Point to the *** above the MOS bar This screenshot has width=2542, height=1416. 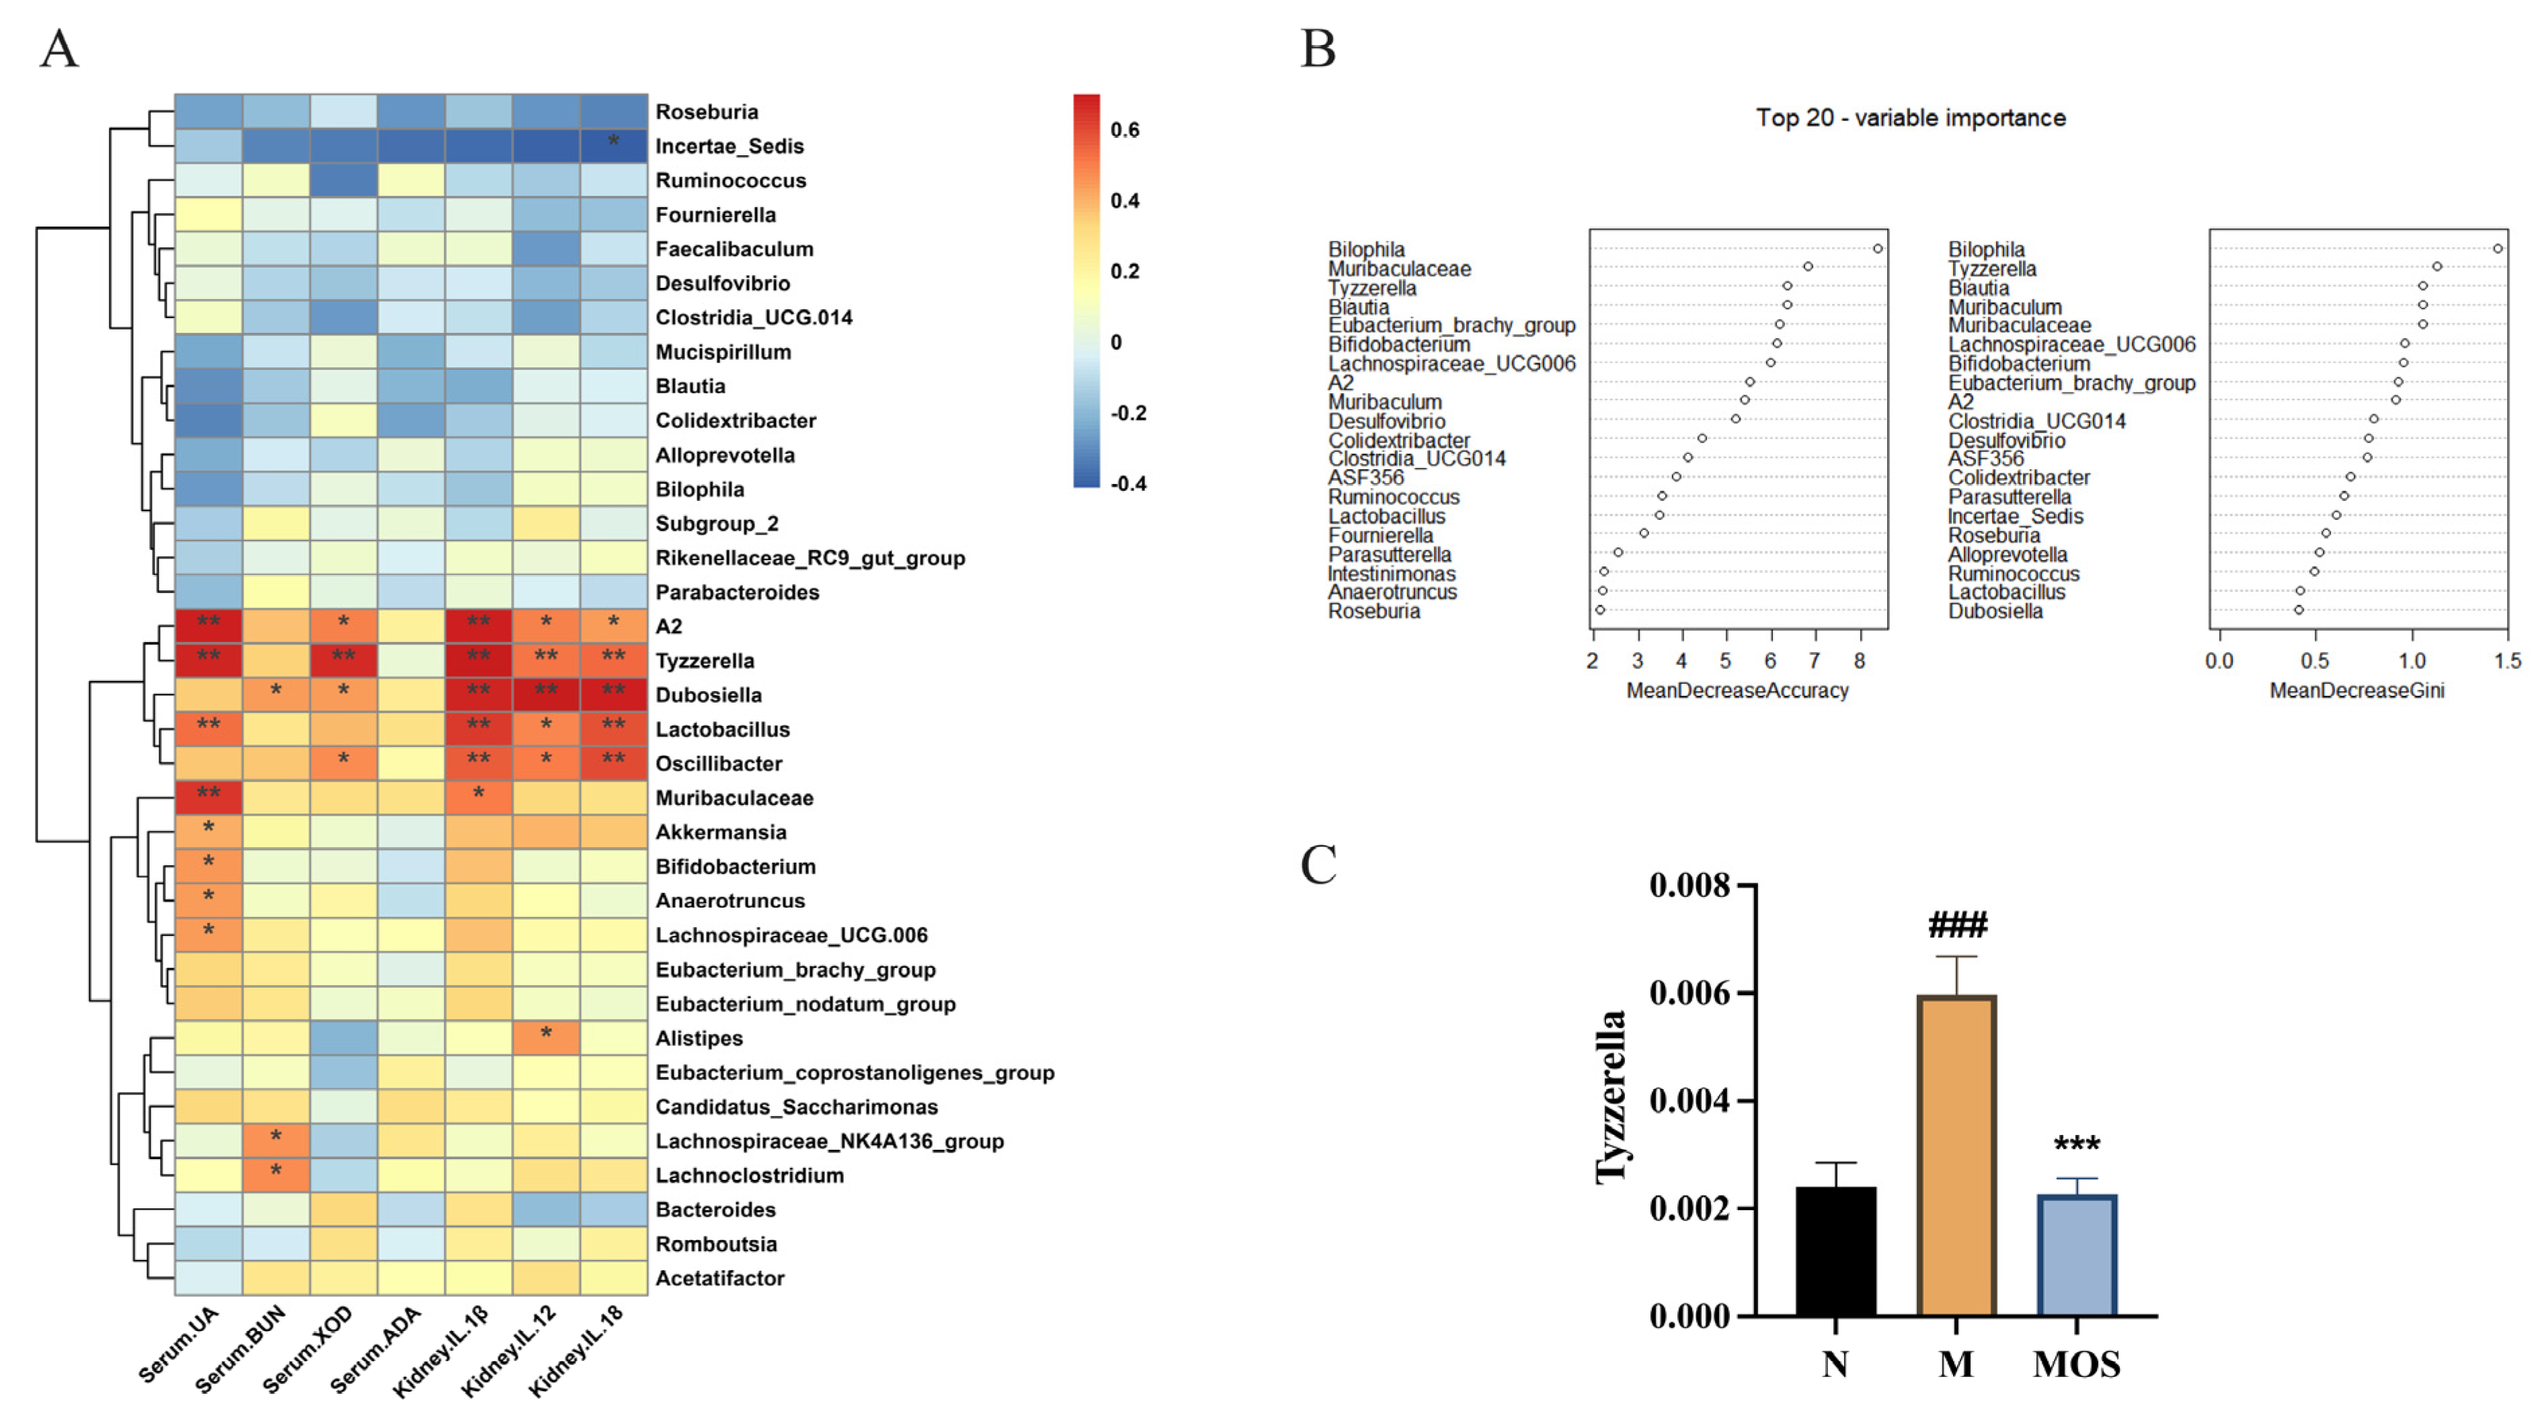(2077, 1144)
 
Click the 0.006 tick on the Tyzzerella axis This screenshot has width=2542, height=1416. (1690, 992)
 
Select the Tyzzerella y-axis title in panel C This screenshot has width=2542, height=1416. (1610, 1095)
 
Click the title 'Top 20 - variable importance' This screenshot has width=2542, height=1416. (1911, 118)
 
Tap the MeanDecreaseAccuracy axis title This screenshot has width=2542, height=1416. (1737, 691)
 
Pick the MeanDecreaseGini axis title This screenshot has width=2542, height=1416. (2356, 691)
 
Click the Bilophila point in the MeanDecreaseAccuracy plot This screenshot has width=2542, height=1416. (1878, 249)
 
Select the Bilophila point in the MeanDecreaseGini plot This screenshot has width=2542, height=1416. (2498, 249)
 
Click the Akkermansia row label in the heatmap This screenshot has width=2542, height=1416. (720, 832)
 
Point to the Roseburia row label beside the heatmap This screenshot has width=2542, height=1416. (707, 112)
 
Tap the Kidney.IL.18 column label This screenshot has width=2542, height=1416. (578, 1352)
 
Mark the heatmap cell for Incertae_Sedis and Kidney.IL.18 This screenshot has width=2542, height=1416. (612, 146)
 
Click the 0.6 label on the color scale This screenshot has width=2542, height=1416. (1125, 130)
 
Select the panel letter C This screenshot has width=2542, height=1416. (1318, 865)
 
